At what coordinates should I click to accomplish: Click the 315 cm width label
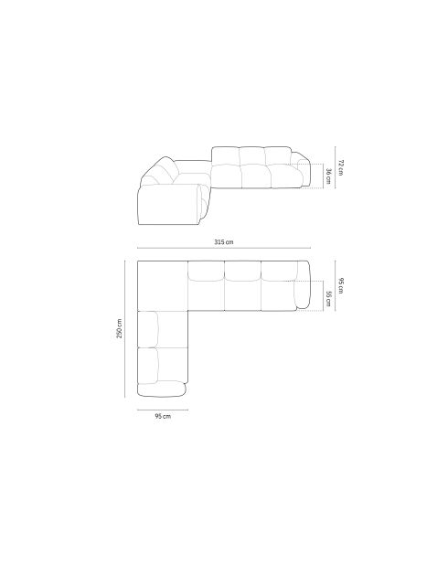coord(224,241)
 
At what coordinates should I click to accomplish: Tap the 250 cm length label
coord(119,328)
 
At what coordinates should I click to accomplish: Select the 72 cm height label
coord(340,167)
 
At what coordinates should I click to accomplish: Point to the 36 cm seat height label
coord(328,176)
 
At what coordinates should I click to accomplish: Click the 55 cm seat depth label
coord(328,299)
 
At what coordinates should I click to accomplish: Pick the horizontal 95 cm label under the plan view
coord(163,416)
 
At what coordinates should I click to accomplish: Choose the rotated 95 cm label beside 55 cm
coord(341,285)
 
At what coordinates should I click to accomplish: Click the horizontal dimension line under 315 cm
coord(224,248)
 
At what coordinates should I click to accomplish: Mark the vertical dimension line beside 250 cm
coord(124,329)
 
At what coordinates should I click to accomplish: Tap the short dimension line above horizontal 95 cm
coord(163,410)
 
